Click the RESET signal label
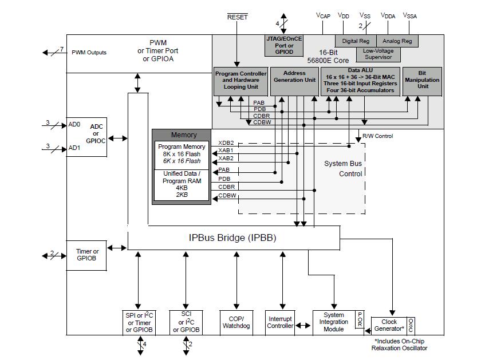pyautogui.click(x=238, y=17)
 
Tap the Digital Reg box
pyautogui.click(x=356, y=41)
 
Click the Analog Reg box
pyautogui.click(x=397, y=41)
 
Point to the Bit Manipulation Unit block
pyautogui.click(x=422, y=81)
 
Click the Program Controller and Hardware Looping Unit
pyautogui.click(x=240, y=81)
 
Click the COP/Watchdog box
pyautogui.click(x=237, y=322)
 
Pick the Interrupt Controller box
pyautogui.click(x=280, y=322)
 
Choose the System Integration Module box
pyautogui.click(x=334, y=322)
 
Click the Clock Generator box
pyautogui.click(x=389, y=325)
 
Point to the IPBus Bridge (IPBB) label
pyautogui.click(x=232, y=238)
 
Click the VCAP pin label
pyautogui.click(x=324, y=16)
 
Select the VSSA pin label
pyautogui.click(x=410, y=16)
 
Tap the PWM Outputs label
pyautogui.click(x=89, y=53)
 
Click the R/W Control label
pyautogui.click(x=377, y=136)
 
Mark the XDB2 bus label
pyautogui.click(x=226, y=143)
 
